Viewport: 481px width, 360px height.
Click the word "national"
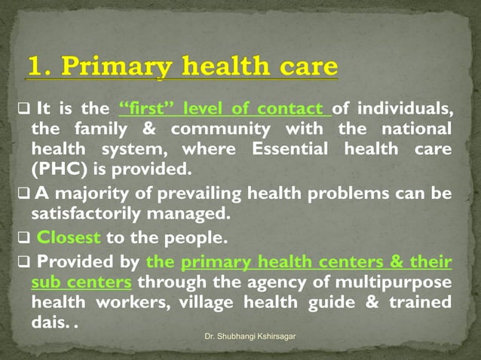[x=414, y=128]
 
